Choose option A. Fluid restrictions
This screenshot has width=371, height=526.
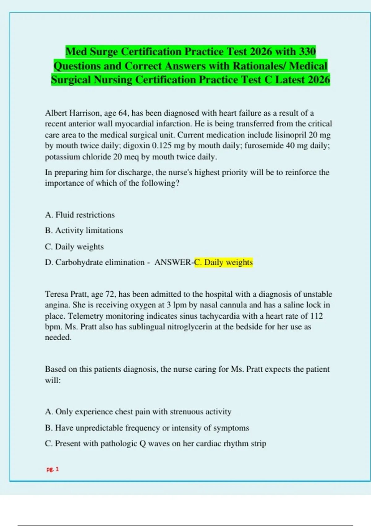[80, 215]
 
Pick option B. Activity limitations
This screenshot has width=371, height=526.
[84, 231]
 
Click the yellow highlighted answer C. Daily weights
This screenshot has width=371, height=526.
[223, 262]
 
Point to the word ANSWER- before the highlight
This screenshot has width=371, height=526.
[174, 262]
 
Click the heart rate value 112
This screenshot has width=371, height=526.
[316, 316]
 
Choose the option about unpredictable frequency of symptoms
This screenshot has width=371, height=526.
[147, 428]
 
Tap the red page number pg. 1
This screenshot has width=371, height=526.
[53, 469]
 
